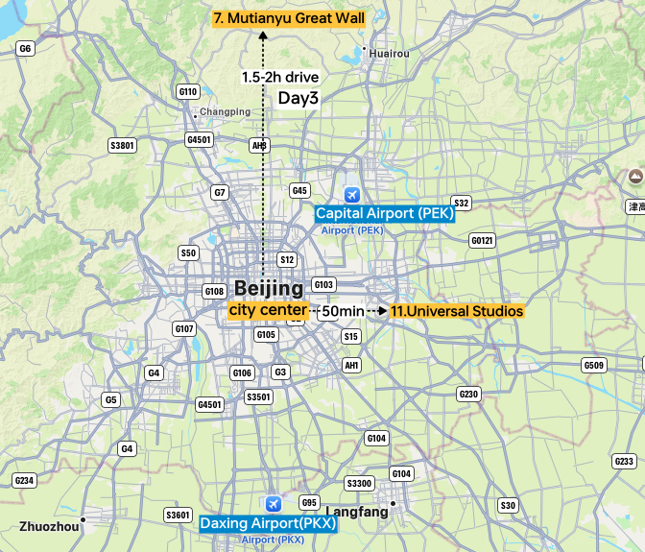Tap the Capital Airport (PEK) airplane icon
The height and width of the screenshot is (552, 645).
click(352, 195)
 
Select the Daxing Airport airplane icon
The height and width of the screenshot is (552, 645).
click(274, 504)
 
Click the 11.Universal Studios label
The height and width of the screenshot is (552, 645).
click(456, 311)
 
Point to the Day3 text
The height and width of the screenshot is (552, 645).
click(298, 98)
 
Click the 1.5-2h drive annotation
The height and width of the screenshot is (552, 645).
click(280, 77)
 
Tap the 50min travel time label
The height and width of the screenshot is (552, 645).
click(343, 311)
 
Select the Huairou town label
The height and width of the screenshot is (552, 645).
click(389, 54)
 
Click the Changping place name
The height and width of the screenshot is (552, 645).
click(225, 112)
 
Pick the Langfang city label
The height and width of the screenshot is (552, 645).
click(357, 512)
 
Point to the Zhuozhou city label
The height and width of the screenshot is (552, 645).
click(46, 526)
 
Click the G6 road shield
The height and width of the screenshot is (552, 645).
click(25, 48)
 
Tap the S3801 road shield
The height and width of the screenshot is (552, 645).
click(123, 146)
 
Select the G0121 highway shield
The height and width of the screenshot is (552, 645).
click(482, 240)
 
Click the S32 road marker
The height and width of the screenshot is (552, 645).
click(461, 203)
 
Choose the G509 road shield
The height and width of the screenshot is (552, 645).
click(594, 365)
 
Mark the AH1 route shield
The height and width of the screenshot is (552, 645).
click(352, 365)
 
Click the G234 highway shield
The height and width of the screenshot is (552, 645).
click(24, 480)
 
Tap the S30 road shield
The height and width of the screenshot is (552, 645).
click(508, 505)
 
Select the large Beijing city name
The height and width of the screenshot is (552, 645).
click(269, 288)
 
